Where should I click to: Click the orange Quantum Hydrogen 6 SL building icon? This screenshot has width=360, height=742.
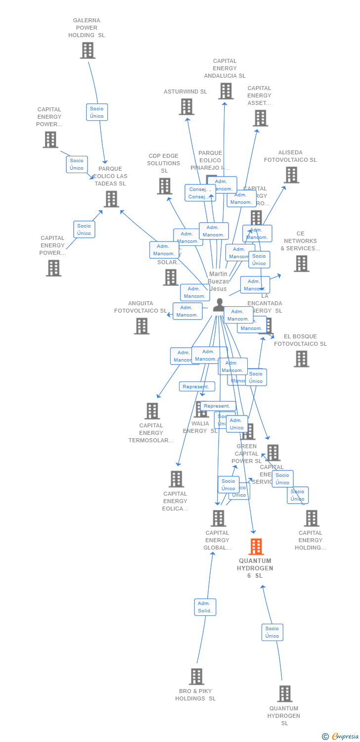[x=256, y=547]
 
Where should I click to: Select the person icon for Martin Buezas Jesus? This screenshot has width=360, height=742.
[x=219, y=305]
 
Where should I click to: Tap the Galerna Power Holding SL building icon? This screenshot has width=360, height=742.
[x=88, y=50]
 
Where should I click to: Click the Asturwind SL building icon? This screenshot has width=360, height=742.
[x=186, y=106]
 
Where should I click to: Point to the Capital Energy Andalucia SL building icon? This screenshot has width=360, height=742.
[x=226, y=91]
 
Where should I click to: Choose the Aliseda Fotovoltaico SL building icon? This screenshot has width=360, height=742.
[x=291, y=175]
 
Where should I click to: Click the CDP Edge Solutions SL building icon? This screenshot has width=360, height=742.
[x=164, y=186]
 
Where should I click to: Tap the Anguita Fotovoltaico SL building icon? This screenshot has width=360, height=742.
[x=141, y=325]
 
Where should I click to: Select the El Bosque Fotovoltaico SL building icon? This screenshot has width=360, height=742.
[x=301, y=359]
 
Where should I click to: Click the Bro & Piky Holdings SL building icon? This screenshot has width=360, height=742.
[x=196, y=676]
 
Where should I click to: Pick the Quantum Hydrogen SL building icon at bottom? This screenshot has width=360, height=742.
[x=284, y=694]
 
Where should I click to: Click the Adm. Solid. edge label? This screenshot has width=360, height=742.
[x=205, y=607]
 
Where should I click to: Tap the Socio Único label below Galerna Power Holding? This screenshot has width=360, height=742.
[x=97, y=112]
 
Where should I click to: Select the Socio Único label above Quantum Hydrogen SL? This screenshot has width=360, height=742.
[x=272, y=632]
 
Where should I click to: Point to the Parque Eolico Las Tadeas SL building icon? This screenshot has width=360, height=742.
[x=111, y=199]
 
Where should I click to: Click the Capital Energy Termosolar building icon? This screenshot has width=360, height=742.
[x=152, y=411]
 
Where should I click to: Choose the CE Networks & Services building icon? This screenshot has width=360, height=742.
[x=301, y=263]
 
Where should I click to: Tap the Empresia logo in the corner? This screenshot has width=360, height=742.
[x=341, y=737]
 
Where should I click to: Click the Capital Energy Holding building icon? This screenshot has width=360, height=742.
[x=311, y=518]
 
